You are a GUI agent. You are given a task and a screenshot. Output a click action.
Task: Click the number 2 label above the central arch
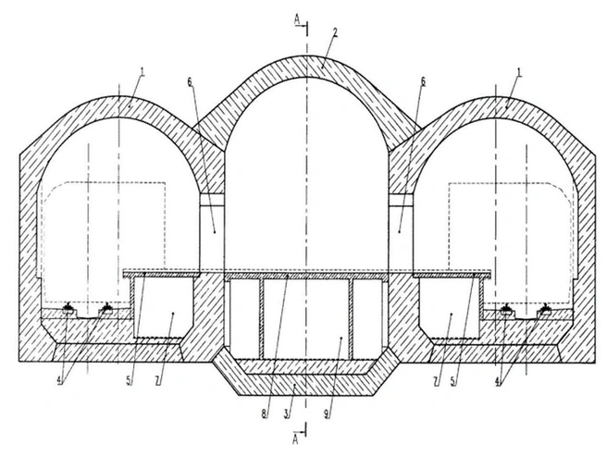(x=335, y=32)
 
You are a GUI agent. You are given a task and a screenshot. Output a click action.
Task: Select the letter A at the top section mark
(x=297, y=20)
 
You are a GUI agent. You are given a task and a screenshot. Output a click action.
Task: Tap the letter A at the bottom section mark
(x=296, y=439)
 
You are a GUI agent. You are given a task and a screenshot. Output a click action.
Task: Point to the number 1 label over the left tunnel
(x=142, y=72)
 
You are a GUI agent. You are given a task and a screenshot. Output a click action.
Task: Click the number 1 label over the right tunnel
(x=519, y=73)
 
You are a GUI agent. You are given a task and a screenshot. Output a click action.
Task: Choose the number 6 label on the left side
(x=190, y=81)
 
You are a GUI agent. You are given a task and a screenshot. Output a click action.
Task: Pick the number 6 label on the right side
(x=423, y=81)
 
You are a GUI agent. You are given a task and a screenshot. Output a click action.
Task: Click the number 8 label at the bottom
(x=265, y=414)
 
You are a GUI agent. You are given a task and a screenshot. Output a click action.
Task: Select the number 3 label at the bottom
(x=287, y=414)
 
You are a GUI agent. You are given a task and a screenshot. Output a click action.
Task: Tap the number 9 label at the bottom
(x=327, y=414)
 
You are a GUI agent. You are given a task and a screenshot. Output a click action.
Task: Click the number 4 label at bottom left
(x=59, y=381)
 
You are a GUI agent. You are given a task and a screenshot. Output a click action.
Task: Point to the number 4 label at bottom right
(x=499, y=382)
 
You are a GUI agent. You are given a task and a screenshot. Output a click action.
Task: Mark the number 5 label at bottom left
(x=129, y=381)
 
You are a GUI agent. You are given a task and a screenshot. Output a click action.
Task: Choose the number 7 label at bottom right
(x=436, y=382)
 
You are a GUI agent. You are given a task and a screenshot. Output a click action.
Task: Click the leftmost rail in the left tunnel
(x=68, y=309)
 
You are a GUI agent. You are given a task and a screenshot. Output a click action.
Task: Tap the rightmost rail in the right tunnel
(x=545, y=309)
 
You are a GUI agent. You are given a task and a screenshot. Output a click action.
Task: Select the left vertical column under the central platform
(x=262, y=318)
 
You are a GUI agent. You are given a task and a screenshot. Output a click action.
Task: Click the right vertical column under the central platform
(x=351, y=318)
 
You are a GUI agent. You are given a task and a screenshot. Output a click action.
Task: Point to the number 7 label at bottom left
(x=157, y=381)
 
